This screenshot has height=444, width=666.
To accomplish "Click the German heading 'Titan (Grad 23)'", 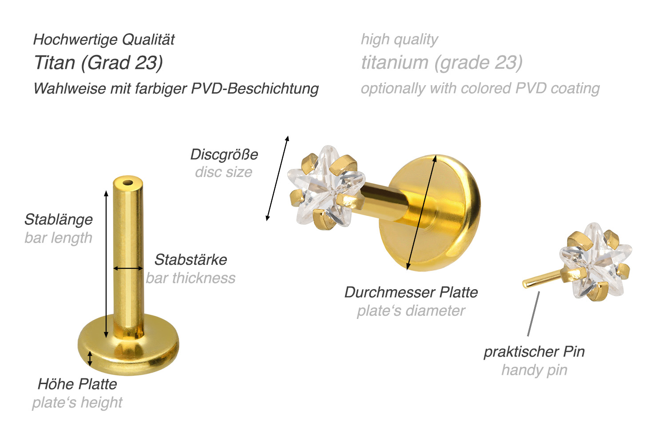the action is point(99,63).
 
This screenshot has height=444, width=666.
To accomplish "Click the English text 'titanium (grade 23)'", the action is point(442,63).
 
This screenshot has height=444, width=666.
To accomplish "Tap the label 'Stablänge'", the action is point(59,220).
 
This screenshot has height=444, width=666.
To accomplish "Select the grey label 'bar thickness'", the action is point(190,278).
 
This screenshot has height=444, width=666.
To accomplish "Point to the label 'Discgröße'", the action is point(224,154).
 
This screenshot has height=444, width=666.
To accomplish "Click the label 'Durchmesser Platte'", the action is point(411,292).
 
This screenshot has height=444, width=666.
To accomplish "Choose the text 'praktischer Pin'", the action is point(534,352).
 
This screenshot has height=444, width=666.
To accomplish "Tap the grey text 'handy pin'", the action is point(534,370).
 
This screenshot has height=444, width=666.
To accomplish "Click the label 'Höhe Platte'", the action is point(77,384).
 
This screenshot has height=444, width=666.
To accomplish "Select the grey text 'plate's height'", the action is point(77,402).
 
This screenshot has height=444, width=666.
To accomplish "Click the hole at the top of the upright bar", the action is point(128,182).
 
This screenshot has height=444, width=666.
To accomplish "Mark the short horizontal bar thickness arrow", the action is point(128,268).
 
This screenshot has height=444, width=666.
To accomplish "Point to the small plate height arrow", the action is point(90,358).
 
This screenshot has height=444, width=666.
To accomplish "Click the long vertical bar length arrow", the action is point(106,264).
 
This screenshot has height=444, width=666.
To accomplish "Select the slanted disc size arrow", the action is point(277,178).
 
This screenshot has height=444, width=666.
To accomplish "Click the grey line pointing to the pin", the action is point(533,314).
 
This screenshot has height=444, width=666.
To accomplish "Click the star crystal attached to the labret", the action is point(326,188).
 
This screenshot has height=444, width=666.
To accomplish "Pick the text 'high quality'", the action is point(399,40).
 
